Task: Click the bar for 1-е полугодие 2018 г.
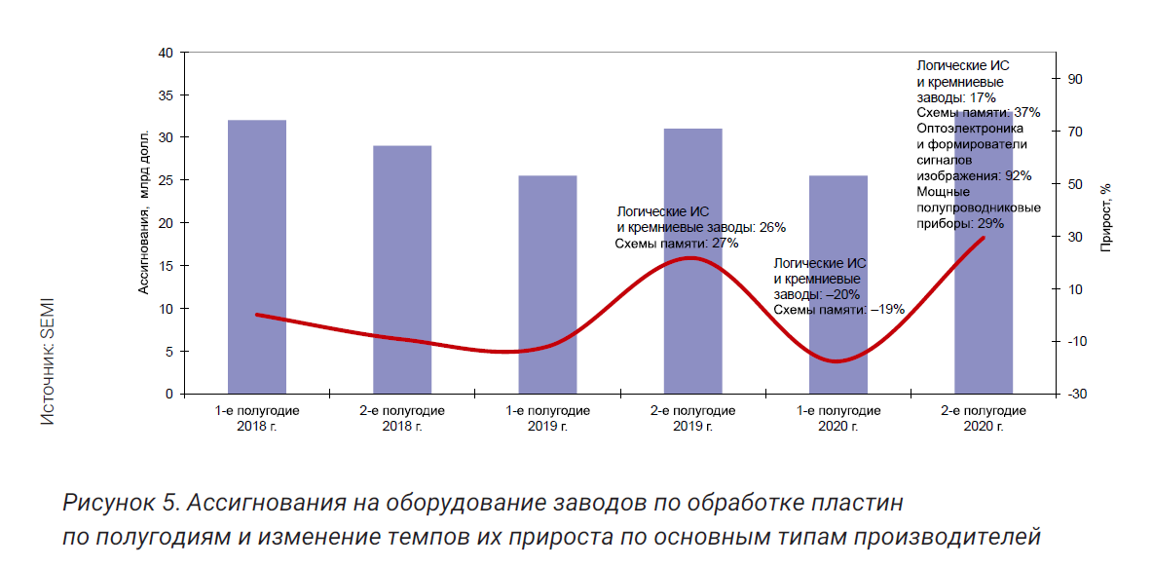[x=257, y=257]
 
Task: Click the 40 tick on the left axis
[x=166, y=53]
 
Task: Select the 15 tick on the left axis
[x=166, y=266]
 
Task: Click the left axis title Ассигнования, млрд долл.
[x=143, y=210]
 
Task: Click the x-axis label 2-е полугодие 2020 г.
[x=984, y=418]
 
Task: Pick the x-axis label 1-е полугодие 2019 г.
[x=547, y=418]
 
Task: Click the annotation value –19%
[x=887, y=309]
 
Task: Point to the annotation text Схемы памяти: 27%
[x=677, y=243]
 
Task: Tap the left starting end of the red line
[x=256, y=315]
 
